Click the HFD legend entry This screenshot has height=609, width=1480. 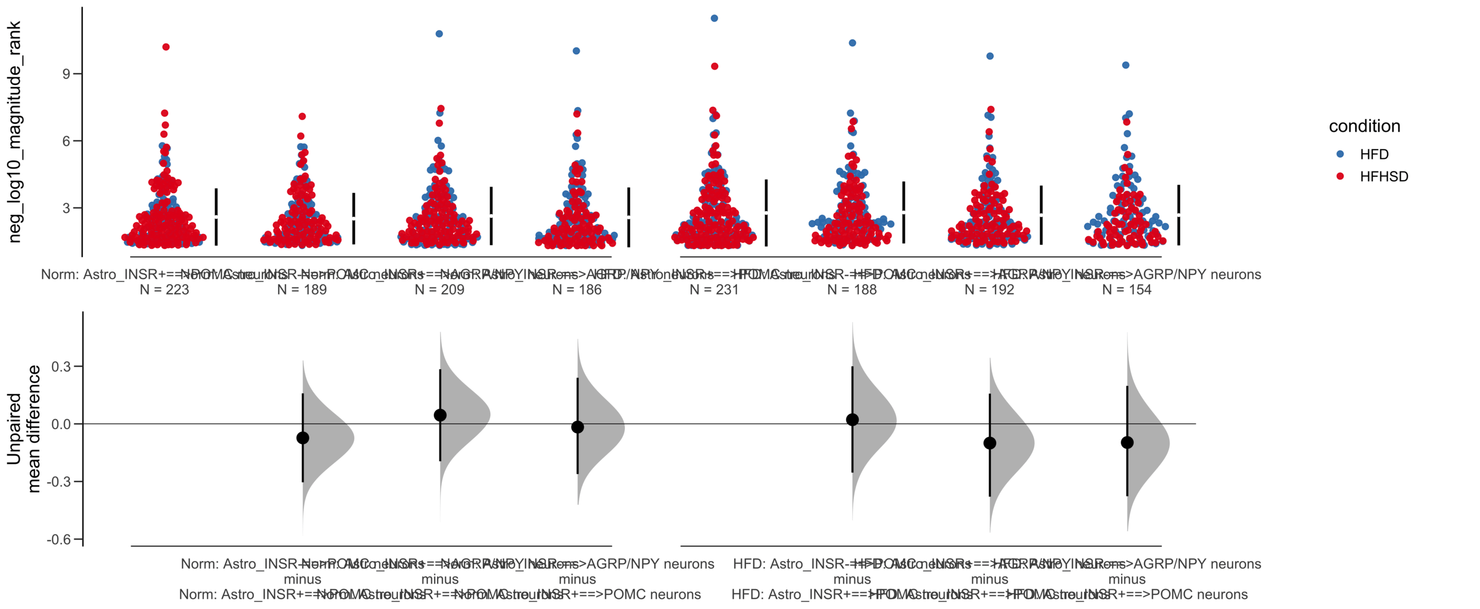pyautogui.click(x=1373, y=154)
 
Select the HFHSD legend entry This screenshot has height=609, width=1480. pyautogui.click(x=1383, y=176)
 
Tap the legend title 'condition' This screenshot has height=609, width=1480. pyautogui.click(x=1364, y=126)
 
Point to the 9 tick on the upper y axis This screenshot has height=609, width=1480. pyautogui.click(x=66, y=74)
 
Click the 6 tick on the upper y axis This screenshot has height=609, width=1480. pyautogui.click(x=66, y=141)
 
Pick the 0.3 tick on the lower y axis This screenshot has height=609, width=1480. pyautogui.click(x=61, y=366)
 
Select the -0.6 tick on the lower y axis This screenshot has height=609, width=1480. pyautogui.click(x=58, y=539)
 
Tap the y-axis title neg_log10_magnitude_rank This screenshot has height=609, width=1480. pyautogui.click(x=14, y=132)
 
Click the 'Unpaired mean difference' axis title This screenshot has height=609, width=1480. pyautogui.click(x=23, y=429)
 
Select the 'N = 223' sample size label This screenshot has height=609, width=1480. pyautogui.click(x=164, y=289)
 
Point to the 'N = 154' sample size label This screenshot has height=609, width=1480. pyautogui.click(x=1126, y=289)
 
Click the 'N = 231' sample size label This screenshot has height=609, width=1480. pyautogui.click(x=714, y=289)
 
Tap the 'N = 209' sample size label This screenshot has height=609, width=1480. pyautogui.click(x=439, y=289)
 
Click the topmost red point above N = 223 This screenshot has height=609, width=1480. pyautogui.click(x=166, y=47)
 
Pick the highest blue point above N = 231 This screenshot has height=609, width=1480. pyautogui.click(x=714, y=18)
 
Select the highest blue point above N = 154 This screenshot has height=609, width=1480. pyautogui.click(x=1126, y=65)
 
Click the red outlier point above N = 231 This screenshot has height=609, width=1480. pyautogui.click(x=715, y=66)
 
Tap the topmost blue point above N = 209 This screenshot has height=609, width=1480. pyautogui.click(x=439, y=34)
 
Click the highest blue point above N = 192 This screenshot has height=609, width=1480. pyautogui.click(x=990, y=56)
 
